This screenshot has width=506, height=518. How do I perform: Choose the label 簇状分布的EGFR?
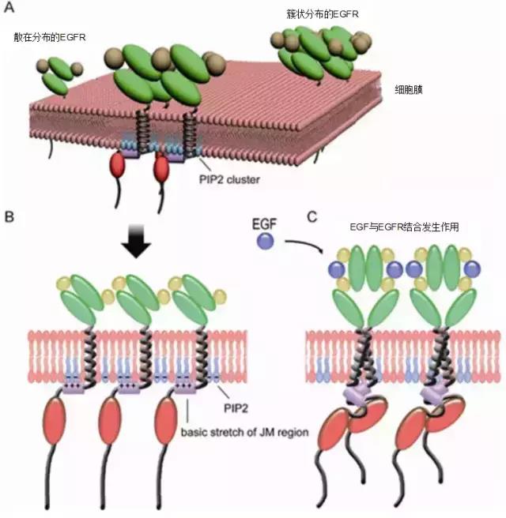coord(319,15)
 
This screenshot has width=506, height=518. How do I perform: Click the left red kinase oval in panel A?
coord(118,166)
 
